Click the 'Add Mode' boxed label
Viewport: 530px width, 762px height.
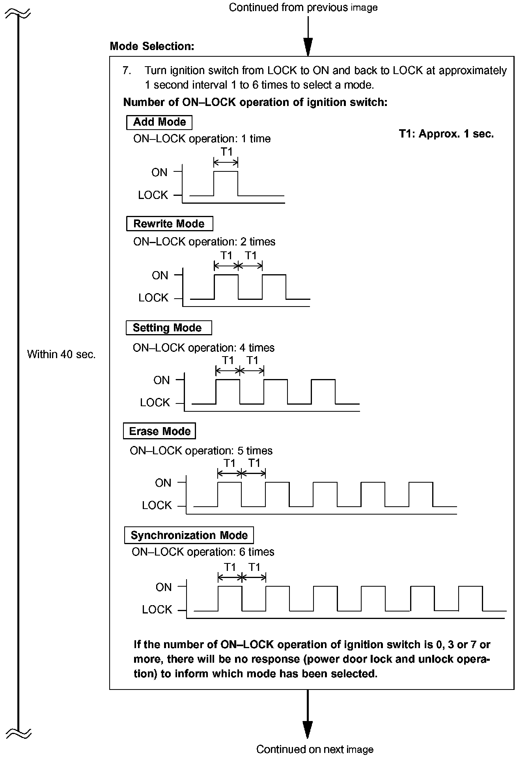159,122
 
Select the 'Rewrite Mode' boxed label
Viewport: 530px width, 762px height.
169,224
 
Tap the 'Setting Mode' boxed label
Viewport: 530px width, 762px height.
168,328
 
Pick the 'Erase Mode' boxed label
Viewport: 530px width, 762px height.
159,431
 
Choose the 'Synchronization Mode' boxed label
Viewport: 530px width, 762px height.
189,535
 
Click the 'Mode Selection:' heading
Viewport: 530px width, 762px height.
152,46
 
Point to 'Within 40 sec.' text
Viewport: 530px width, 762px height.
61,354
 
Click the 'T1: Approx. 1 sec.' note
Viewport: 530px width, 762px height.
446,134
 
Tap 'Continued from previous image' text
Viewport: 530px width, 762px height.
303,7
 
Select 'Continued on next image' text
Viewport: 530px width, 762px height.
315,749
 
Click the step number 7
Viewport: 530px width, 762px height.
126,71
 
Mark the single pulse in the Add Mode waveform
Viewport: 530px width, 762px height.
226,183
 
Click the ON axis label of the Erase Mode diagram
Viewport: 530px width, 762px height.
163,483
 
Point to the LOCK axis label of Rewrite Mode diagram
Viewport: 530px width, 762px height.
153,298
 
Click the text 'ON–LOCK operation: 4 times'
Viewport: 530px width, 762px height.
203,348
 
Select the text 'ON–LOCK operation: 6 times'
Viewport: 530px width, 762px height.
203,552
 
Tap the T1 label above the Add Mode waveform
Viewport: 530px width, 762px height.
226,152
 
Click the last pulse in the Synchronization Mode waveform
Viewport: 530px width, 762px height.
470,598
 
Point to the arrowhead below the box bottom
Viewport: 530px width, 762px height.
307,729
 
